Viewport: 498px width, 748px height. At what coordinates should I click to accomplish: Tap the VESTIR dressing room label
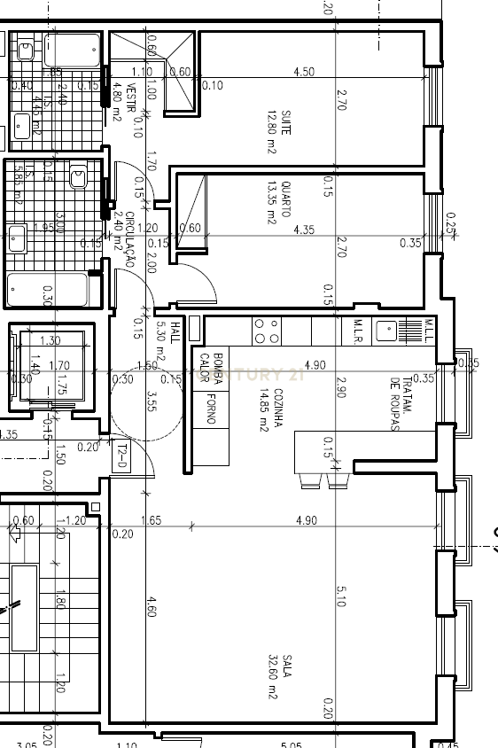(x=130, y=96)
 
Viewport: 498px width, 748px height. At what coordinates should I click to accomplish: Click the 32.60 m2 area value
(x=273, y=678)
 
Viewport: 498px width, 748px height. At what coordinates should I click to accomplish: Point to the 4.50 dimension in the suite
(x=303, y=72)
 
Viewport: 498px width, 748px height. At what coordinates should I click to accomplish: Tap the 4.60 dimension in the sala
(x=152, y=612)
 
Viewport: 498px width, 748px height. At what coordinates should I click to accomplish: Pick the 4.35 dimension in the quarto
(x=303, y=230)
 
